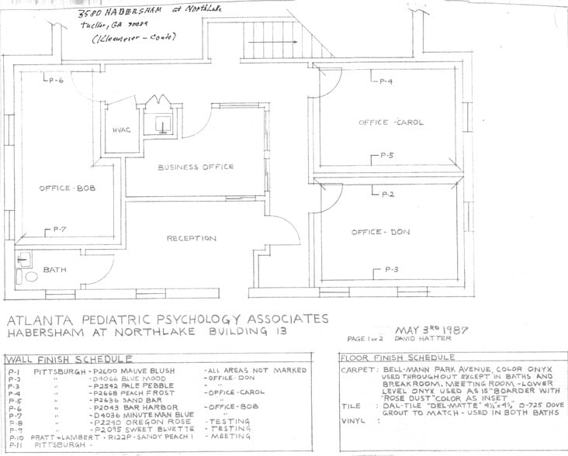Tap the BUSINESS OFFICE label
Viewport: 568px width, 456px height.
196,168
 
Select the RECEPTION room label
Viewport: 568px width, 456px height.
191,238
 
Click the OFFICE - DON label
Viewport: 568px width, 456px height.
379,232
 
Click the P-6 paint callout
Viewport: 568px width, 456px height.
55,81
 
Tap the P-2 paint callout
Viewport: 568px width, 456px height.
388,194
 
